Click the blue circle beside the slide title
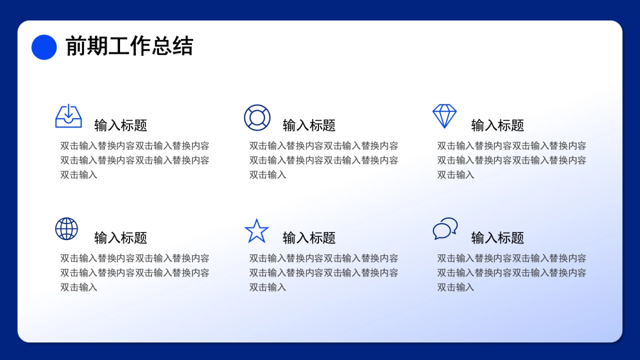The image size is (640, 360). (44, 47)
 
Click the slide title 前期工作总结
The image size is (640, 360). (129, 46)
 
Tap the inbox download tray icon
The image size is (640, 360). (69, 116)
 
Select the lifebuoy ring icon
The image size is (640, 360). (257, 117)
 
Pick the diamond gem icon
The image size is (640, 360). (444, 116)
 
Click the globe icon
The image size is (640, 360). (67, 229)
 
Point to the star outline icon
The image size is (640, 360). (257, 231)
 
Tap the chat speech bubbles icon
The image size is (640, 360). (445, 228)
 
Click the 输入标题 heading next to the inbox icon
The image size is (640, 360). (121, 125)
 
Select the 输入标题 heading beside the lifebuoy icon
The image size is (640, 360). (309, 125)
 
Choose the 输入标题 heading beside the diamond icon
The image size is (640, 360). (498, 125)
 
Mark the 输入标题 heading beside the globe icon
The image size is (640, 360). (121, 238)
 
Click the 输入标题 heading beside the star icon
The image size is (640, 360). (309, 238)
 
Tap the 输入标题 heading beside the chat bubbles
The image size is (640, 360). (498, 238)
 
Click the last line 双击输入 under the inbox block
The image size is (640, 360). (79, 174)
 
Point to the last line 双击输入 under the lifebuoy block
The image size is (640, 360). (268, 174)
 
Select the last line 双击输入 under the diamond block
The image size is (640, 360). (456, 174)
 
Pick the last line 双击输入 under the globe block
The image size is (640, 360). (79, 287)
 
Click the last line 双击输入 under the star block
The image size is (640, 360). (268, 287)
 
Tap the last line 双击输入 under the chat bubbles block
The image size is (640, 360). (456, 287)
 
